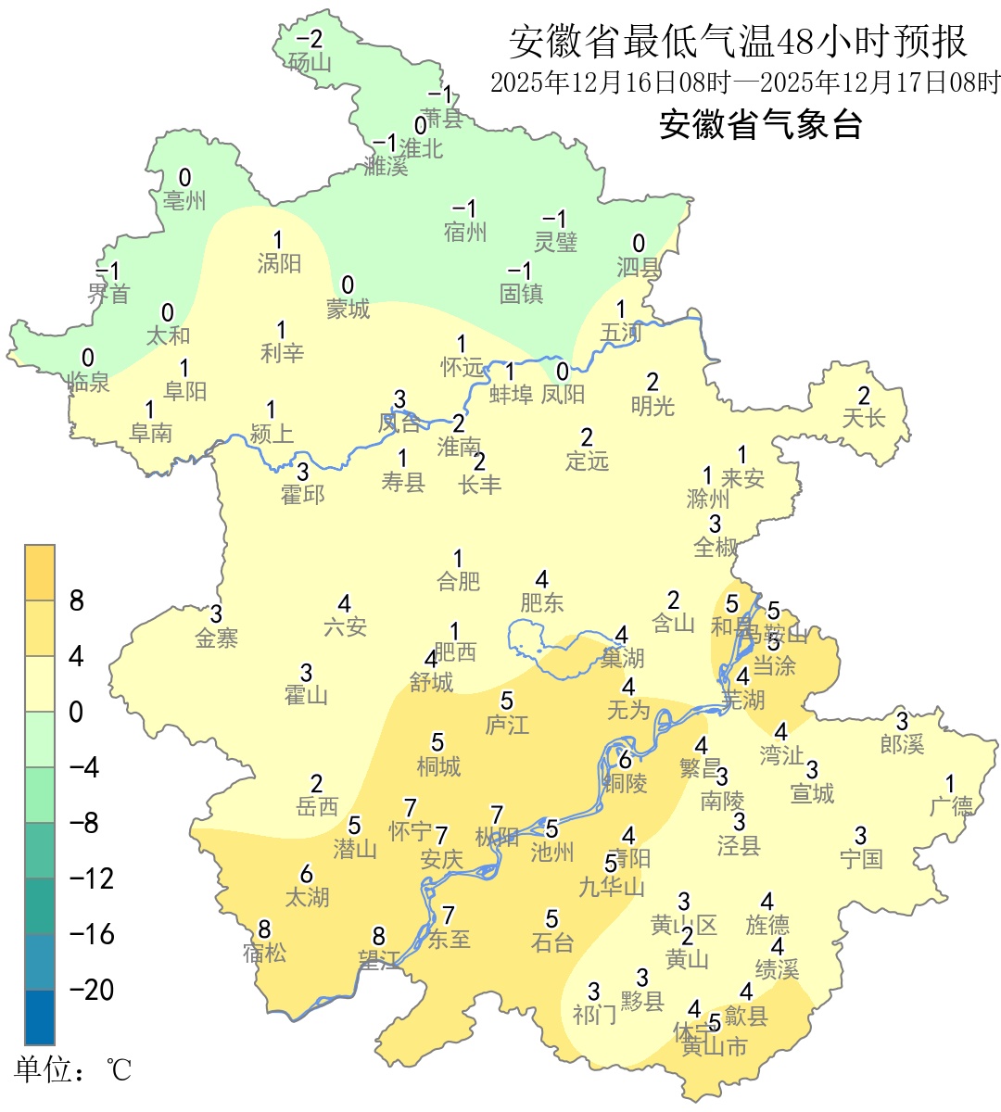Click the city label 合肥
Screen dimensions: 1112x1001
tap(459, 582)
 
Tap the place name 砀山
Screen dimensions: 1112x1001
tap(310, 63)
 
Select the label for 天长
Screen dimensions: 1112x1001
tap(864, 419)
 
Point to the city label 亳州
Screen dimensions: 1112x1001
tap(184, 201)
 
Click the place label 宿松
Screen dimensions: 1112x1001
tap(265, 953)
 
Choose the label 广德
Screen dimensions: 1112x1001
tap(951, 806)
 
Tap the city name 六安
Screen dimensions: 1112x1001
tap(345, 627)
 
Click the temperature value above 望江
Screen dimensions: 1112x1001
tap(378, 937)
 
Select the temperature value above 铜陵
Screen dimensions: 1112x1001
tap(626, 761)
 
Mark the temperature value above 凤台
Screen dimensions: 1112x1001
tap(399, 399)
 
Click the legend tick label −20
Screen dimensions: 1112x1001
tap(92, 990)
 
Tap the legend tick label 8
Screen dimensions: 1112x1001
tap(77, 601)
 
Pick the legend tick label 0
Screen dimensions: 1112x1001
tap(76, 713)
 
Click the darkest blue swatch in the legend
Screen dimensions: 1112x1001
tap(40, 1017)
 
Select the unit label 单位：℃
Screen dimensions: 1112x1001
tap(72, 1070)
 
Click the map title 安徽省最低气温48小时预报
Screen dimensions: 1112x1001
tap(738, 43)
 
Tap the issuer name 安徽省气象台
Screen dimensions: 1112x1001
tap(761, 124)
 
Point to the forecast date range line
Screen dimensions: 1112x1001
tap(745, 82)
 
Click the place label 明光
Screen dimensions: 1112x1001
tap(653, 406)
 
